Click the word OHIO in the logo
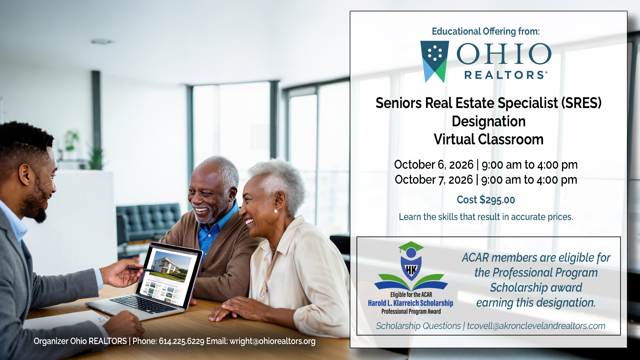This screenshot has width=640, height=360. [504, 54]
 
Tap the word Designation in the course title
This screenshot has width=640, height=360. [488, 121]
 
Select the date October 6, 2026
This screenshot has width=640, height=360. [433, 165]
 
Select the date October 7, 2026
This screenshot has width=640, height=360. [433, 180]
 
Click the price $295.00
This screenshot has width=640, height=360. [497, 200]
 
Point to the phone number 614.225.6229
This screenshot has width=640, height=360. [181, 341]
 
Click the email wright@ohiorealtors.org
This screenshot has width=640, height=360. [272, 341]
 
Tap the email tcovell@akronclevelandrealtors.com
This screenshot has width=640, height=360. [536, 326]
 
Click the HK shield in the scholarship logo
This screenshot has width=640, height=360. [411, 269]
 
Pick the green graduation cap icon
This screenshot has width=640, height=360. [411, 247]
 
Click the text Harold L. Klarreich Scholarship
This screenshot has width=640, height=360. [410, 303]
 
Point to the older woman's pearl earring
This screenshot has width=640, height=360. [276, 211]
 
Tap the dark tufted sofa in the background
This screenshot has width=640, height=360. [148, 220]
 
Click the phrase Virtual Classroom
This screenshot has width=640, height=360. [488, 139]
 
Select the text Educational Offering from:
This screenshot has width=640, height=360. [486, 31]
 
